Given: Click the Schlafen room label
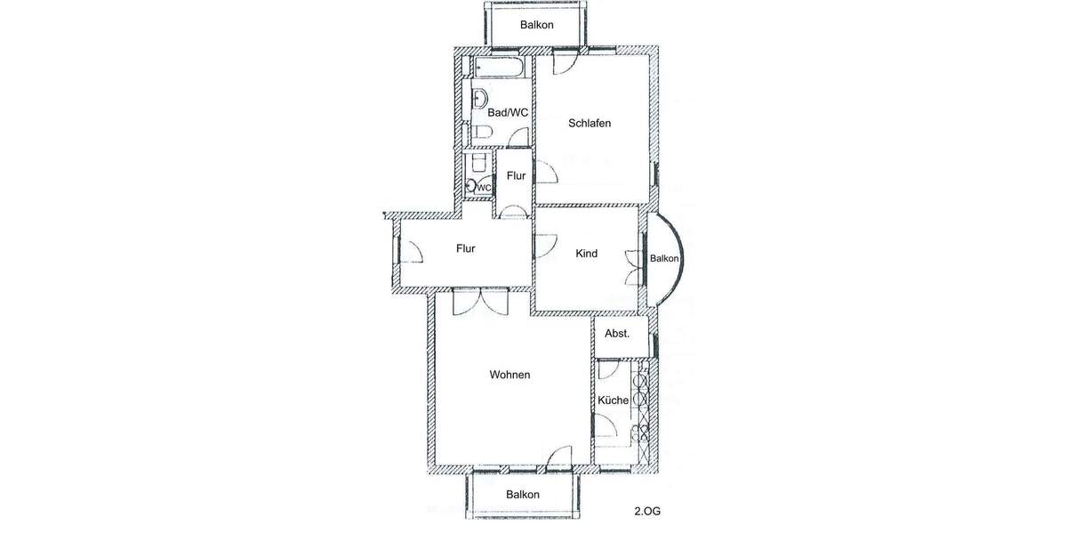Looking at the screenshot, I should (590, 124).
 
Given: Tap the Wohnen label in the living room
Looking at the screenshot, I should (509, 375).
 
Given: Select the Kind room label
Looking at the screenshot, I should (586, 254).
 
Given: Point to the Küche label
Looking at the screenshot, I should (613, 400).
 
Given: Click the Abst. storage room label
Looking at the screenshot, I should (617, 334).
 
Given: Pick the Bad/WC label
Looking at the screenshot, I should (508, 113).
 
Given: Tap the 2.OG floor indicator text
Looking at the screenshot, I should (646, 512).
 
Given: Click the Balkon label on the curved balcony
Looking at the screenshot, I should (664, 259).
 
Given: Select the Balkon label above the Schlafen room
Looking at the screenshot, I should (537, 25).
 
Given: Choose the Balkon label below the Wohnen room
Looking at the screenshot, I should (523, 495).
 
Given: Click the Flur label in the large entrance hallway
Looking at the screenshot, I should (466, 249).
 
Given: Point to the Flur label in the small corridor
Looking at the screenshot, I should (516, 176).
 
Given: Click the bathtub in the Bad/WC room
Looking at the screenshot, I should (499, 67).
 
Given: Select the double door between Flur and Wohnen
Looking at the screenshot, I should (480, 301).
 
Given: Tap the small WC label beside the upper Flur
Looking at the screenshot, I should (484, 188).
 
